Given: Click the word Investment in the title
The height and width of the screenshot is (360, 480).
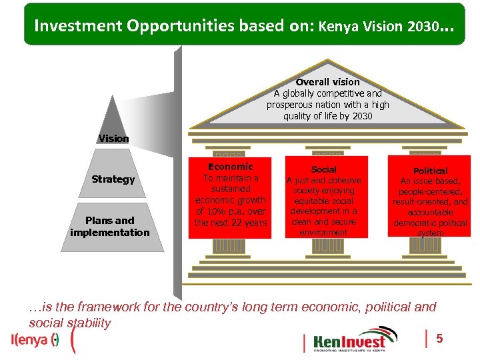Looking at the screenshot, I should pos(70,26).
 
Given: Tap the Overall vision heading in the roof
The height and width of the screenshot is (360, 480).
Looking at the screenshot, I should pos(327,82).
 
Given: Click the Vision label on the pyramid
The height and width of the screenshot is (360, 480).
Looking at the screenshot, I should pos(114,139).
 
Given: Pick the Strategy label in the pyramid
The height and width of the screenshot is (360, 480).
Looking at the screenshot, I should pos(113,179).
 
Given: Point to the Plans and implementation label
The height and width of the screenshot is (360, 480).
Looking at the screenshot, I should pos(110,227).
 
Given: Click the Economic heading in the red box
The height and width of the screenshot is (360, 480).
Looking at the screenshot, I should pos(231,167).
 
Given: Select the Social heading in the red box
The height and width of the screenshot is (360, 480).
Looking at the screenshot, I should pos(324,170).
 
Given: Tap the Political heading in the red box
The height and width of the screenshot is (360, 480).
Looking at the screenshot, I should pos(431,171).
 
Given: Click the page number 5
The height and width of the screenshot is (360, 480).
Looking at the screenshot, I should pos(439,339).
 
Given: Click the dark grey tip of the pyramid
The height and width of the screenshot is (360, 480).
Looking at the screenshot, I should pos(115,117).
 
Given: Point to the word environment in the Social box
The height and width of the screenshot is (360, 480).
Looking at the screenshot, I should pos(323,233).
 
